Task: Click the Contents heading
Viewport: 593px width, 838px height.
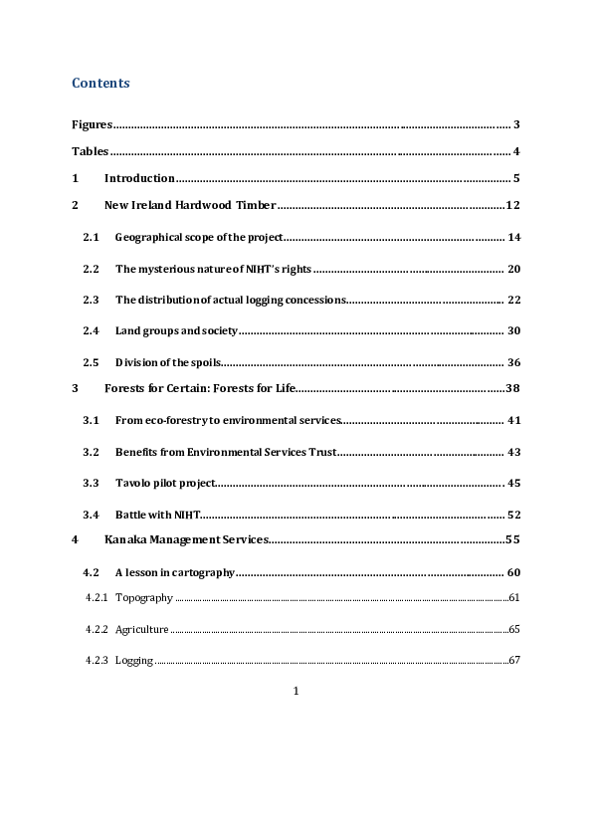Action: pos(100,84)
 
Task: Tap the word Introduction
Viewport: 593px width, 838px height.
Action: pos(139,179)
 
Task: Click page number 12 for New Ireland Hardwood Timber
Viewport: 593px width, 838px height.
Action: pos(513,206)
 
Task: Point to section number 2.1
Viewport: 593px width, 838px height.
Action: pos(92,238)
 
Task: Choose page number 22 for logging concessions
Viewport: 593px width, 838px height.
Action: pos(514,300)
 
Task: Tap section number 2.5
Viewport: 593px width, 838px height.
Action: pos(92,361)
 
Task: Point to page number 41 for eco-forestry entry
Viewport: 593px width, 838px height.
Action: pos(514,421)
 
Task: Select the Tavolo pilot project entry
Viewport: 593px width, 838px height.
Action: pos(164,483)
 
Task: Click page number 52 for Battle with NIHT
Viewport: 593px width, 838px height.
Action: pos(514,515)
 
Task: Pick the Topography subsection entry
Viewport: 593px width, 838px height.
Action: pos(144,598)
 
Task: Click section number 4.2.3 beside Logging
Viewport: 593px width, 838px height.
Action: pos(97,660)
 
